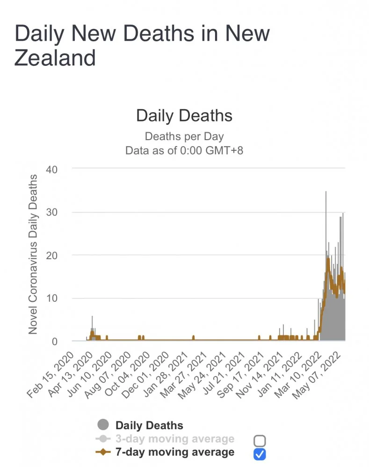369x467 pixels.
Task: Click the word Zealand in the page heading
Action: pos(55,57)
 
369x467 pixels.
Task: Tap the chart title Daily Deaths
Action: pos(184,115)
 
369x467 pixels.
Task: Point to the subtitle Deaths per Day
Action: pos(184,137)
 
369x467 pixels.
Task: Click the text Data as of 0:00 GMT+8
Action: pos(184,150)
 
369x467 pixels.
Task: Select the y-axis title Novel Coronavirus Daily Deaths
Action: pos(33,255)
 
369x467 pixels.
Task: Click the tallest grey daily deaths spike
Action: pos(326,196)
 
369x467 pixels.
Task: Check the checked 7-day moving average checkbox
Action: pos(260,453)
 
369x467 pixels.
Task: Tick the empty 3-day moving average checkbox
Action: pos(260,440)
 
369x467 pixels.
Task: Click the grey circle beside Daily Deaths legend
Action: pos(103,425)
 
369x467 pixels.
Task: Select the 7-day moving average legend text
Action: pos(174,452)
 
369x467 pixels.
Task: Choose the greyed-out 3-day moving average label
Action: pos(174,439)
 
